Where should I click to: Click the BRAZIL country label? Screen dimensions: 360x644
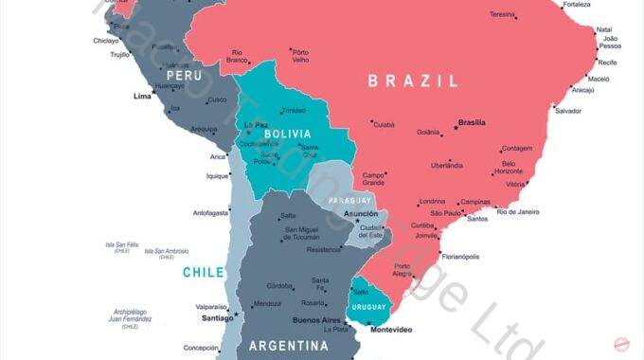click(413, 81)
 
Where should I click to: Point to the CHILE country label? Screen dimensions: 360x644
click(204, 273)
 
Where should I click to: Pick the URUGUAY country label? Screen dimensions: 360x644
click(369, 307)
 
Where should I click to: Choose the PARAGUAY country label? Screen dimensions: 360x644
click(349, 201)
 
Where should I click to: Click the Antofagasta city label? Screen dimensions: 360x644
click(210, 212)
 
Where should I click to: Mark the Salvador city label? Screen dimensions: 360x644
click(567, 111)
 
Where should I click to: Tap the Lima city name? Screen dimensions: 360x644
click(142, 96)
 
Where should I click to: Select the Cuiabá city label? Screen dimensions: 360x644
click(384, 124)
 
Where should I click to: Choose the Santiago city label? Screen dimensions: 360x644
click(217, 318)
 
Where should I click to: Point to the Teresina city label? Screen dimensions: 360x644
click(502, 14)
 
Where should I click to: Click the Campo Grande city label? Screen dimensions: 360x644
click(374, 177)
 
